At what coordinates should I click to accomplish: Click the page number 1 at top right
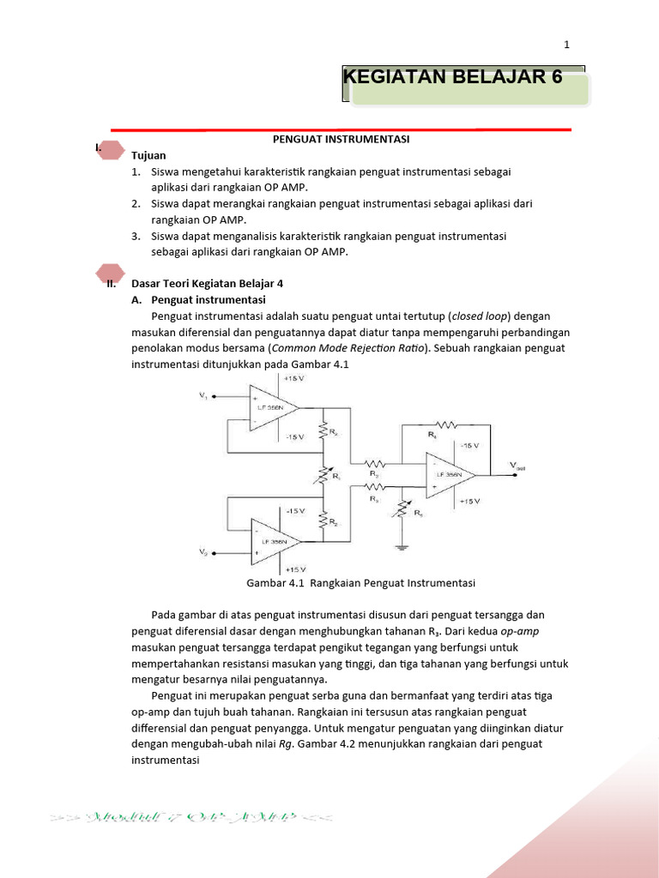[x=566, y=45]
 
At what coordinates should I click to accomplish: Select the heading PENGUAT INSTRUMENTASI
[x=341, y=139]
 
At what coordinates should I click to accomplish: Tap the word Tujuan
[x=148, y=155]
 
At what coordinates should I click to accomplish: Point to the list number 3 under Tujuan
[x=136, y=236]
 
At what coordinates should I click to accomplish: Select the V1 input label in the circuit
[x=203, y=395]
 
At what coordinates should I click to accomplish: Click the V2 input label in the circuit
[x=203, y=552]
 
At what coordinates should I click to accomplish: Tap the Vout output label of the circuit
[x=519, y=466]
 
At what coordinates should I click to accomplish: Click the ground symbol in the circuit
[x=400, y=544]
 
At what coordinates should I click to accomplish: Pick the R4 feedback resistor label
[x=432, y=435]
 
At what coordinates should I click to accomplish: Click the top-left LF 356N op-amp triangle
[x=270, y=405]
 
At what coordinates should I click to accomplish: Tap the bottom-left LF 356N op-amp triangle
[x=270, y=542]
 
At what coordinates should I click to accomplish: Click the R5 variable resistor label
[x=419, y=513]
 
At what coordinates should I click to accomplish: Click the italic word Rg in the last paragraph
[x=286, y=744]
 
